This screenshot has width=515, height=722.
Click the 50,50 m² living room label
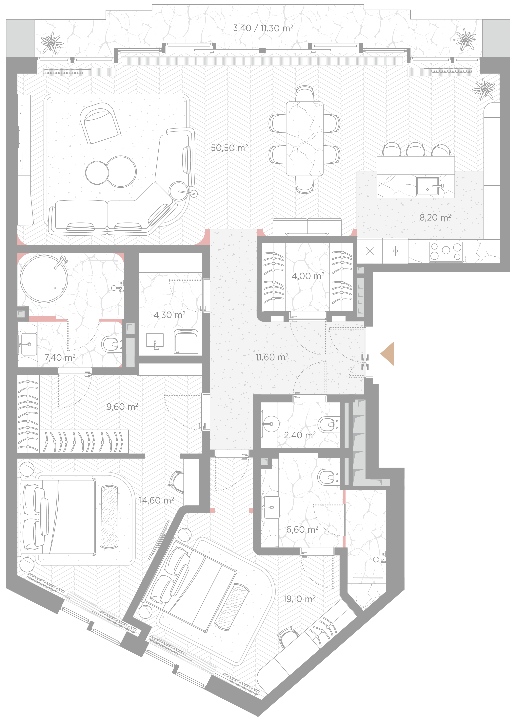(229, 148)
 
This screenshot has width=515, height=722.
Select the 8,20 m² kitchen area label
(435, 218)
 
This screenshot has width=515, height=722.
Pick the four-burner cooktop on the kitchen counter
(446, 251)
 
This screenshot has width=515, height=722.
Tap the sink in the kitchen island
(427, 186)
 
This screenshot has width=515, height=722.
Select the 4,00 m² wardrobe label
(308, 276)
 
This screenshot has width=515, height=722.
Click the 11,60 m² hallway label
(272, 357)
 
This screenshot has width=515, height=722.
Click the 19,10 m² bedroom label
(299, 599)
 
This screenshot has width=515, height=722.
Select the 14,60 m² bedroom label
(156, 500)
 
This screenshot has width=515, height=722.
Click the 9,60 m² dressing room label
(122, 407)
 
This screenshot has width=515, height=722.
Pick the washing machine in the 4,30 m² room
(186, 341)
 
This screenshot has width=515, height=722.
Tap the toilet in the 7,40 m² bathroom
(112, 344)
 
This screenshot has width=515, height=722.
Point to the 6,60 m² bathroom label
(302, 530)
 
